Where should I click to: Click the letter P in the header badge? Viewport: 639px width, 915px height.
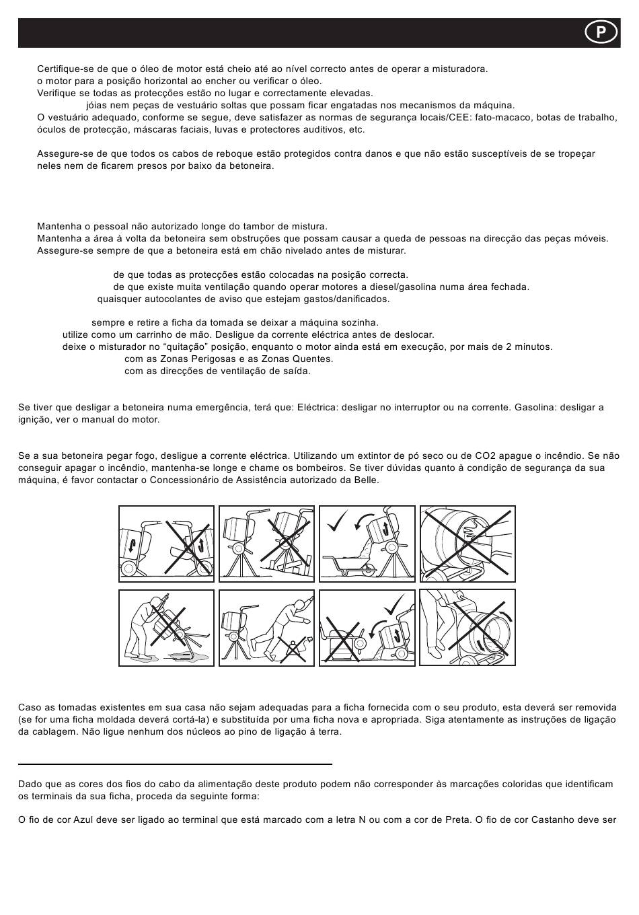tap(601, 32)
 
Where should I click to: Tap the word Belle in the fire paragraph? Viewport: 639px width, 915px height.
tap(366, 480)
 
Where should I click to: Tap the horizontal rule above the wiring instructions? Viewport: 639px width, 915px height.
tap(175, 764)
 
